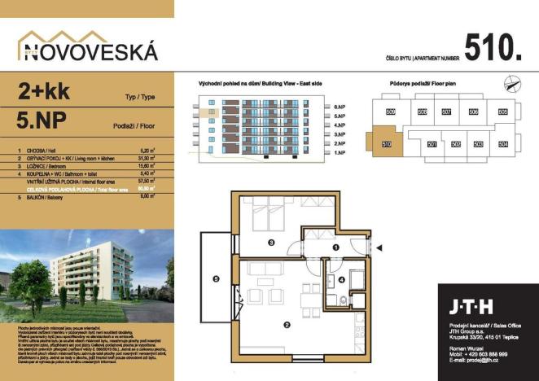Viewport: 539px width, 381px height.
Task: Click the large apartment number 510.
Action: click(493, 48)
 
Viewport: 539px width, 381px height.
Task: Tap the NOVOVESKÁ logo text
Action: click(88, 51)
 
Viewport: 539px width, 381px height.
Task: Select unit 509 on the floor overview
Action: click(390, 112)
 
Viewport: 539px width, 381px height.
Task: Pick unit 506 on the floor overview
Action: click(474, 112)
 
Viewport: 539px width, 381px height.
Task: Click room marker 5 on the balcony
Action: click(216, 278)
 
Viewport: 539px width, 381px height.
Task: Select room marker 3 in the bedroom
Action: click(271, 242)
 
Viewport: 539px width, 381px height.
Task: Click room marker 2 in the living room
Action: click(287, 326)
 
